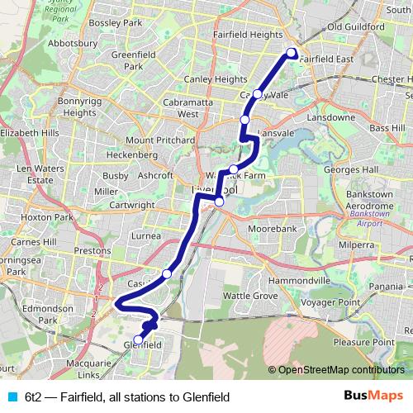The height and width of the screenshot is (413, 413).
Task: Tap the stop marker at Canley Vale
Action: tap(258, 94)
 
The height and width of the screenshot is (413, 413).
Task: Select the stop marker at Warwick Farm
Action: tap(234, 169)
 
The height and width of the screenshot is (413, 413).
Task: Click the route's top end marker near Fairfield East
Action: tap(291, 54)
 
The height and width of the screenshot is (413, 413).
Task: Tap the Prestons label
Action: tap(93, 249)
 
